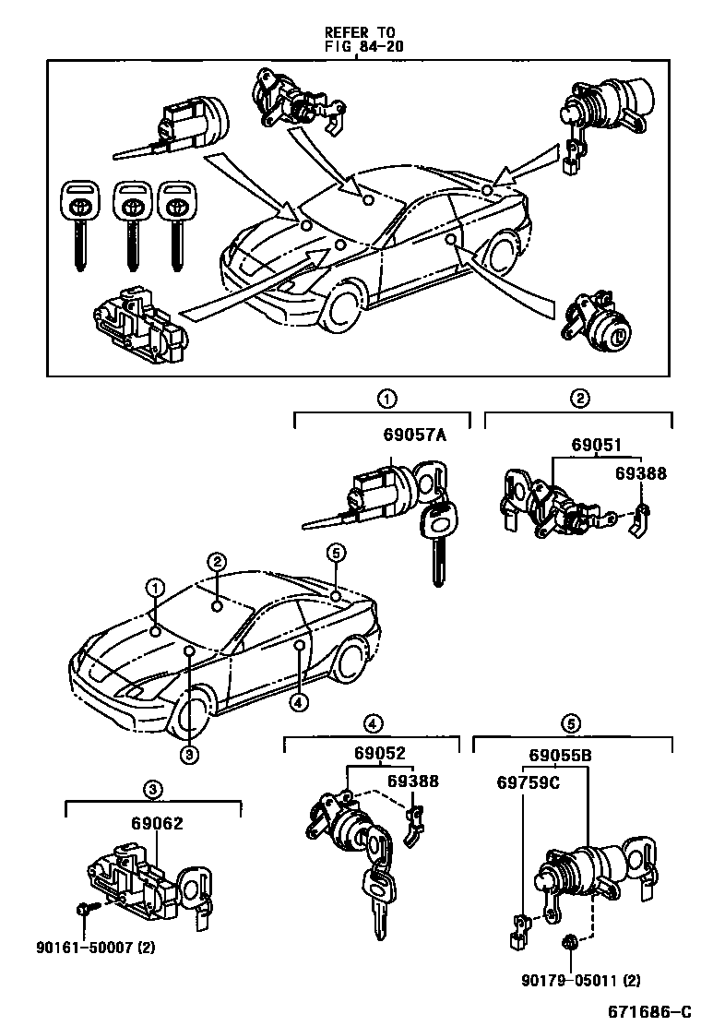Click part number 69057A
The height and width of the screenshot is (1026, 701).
(415, 436)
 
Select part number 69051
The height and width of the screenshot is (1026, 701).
(598, 444)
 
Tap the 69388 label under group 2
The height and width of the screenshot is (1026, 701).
(641, 473)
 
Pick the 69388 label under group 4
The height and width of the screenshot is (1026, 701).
(412, 781)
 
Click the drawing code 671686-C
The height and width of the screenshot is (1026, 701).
(648, 1012)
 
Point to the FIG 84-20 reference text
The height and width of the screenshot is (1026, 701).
(363, 44)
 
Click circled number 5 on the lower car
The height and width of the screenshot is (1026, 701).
(336, 553)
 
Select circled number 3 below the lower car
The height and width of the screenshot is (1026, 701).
(188, 755)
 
